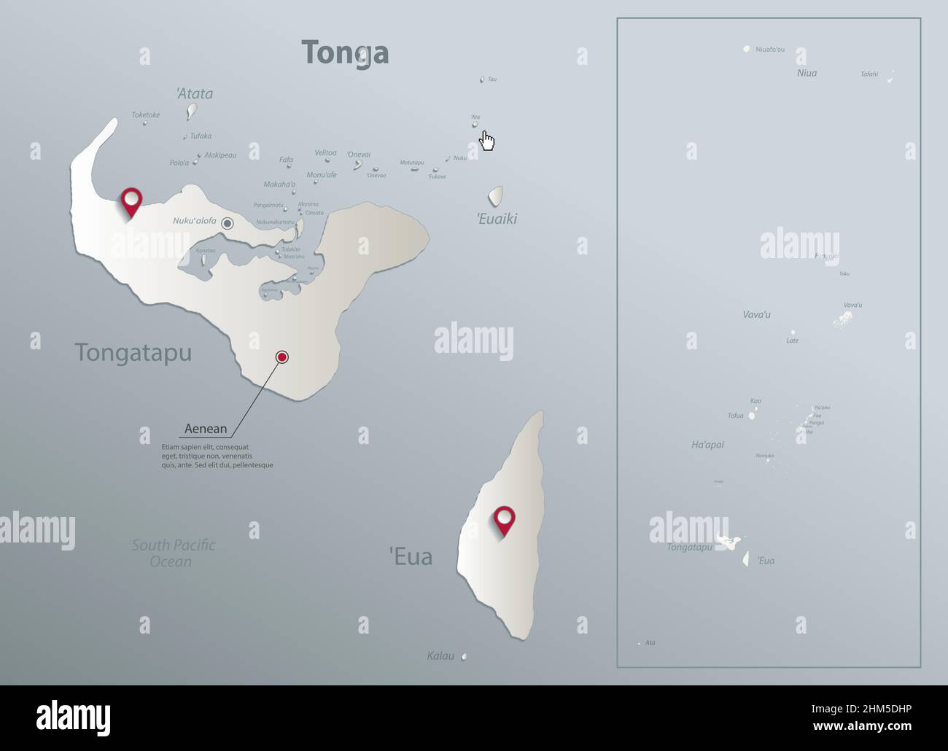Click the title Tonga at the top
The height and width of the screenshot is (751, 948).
coord(345,52)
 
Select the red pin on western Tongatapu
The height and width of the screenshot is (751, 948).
coord(131,200)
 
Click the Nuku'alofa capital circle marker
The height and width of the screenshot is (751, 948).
coord(228,224)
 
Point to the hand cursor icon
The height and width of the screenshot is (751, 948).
coord(487,141)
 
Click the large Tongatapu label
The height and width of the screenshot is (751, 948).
coord(133,353)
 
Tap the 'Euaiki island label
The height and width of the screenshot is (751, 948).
coord(497,219)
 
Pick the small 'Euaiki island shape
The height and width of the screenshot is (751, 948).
coord(495,195)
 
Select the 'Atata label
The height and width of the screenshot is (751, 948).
coord(194,93)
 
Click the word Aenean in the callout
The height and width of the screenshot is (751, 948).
coord(206,429)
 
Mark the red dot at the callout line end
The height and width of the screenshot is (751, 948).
coord(282,357)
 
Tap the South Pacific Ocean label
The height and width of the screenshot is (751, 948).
coord(173,553)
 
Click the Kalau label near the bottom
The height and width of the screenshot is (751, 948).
coord(440,656)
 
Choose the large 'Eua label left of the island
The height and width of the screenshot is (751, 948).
coord(411,557)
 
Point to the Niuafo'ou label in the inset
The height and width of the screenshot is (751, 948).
coord(770,50)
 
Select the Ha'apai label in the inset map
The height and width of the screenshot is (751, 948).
coord(707,444)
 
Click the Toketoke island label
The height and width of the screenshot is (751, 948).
coord(146,114)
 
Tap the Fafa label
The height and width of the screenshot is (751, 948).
coord(286,160)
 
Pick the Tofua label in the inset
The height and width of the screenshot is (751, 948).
coord(735,416)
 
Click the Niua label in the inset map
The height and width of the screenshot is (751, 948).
coord(807,73)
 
